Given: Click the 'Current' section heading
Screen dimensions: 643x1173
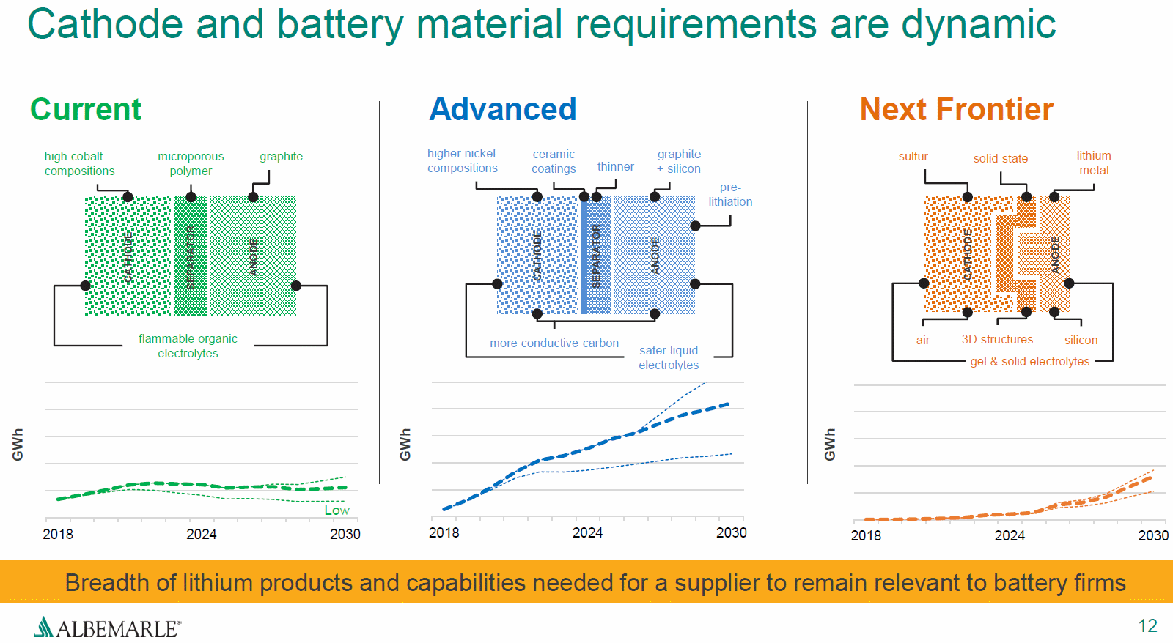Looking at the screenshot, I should [x=86, y=110].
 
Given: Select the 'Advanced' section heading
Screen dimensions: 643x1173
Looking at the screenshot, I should [x=503, y=110].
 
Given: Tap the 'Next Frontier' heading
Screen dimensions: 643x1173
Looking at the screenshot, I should [x=956, y=110].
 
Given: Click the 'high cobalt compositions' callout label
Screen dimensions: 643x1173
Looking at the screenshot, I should [x=79, y=163].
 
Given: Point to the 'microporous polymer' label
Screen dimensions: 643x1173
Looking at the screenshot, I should [x=191, y=163].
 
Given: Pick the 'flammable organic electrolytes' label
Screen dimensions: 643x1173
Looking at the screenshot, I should [x=188, y=346].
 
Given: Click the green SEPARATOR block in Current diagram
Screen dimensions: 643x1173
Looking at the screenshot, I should [x=191, y=256].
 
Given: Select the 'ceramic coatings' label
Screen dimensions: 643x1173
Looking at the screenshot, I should [x=554, y=161].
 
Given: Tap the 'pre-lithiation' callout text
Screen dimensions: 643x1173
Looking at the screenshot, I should [x=730, y=194].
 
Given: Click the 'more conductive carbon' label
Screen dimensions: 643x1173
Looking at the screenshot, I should [x=554, y=343].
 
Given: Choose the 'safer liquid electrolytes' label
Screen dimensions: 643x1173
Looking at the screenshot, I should [x=669, y=357].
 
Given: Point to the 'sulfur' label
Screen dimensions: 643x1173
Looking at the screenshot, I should [x=913, y=156].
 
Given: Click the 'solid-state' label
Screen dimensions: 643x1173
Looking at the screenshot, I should [x=1001, y=158].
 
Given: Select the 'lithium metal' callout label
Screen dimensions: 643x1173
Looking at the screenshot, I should [x=1094, y=163].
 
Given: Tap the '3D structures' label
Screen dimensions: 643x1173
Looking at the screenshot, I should [x=997, y=339].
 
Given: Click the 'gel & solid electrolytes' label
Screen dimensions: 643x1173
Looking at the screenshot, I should [x=1029, y=361].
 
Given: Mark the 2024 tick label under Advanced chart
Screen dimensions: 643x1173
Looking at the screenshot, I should [x=587, y=532].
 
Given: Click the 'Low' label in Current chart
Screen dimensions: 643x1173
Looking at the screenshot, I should [x=337, y=510].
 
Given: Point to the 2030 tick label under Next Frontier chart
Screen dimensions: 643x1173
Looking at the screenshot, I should [x=1153, y=535].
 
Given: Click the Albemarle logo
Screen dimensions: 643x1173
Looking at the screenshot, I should [x=107, y=628].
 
